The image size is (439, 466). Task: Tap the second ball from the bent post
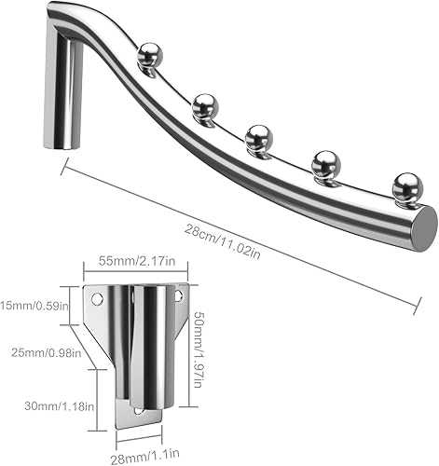(204, 106)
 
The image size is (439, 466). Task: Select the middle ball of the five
(258, 139)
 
